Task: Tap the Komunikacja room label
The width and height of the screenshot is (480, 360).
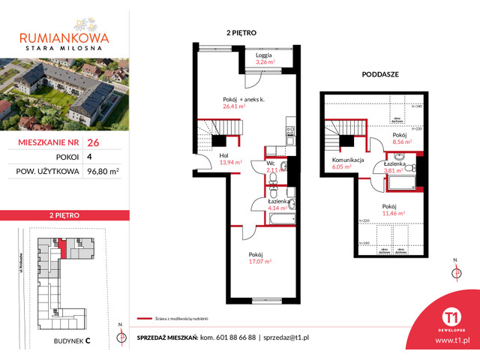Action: (x=344, y=160)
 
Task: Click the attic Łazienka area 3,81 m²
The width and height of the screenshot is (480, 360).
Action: (x=394, y=170)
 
